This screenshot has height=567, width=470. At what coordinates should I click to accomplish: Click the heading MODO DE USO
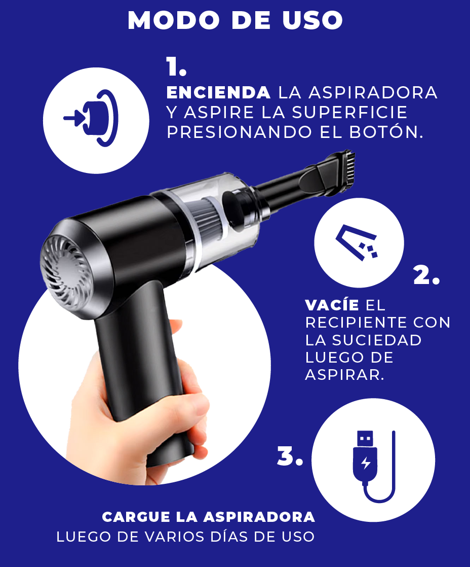[235, 20]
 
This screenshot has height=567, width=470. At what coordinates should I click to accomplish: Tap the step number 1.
[176, 67]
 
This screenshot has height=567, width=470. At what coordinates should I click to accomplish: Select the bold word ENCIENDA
[218, 93]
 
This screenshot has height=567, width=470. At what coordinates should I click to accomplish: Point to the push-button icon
[92, 118]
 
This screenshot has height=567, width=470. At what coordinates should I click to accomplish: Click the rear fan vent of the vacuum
[65, 271]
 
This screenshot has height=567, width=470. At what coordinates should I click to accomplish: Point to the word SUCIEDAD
[376, 340]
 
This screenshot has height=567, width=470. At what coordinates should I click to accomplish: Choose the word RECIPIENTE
[357, 322]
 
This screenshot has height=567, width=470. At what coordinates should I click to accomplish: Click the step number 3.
[290, 456]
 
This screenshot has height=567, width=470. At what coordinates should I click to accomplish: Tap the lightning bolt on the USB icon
[366, 463]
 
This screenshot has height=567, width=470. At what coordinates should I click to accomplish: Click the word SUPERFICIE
[349, 113]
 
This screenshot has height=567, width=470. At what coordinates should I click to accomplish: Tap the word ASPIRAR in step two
[344, 375]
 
